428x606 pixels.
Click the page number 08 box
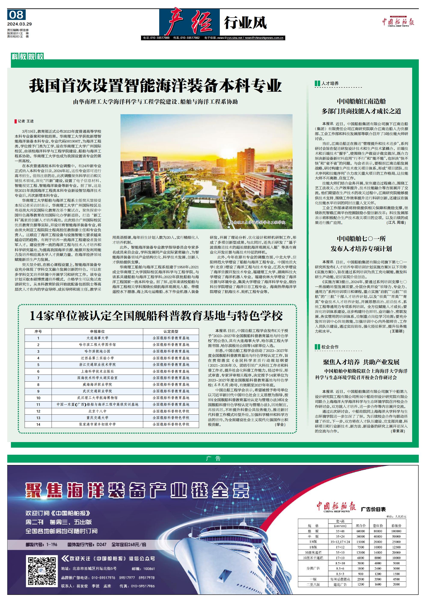pyautogui.click(x=16, y=15)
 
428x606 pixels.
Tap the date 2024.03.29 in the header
pyautogui.click(x=19, y=24)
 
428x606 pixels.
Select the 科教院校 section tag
pyautogui.click(x=27, y=56)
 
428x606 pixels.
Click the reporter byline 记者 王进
pyautogui.click(x=25, y=121)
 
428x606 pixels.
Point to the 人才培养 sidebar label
pyautogui.click(x=330, y=83)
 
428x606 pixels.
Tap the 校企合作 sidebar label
pyautogui.click(x=330, y=347)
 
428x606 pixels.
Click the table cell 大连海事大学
pyautogui.click(x=97, y=338)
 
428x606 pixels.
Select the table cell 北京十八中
pyautogui.click(x=97, y=411)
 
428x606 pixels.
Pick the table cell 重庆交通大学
pyautogui.click(x=97, y=418)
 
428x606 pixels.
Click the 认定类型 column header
pyautogui.click(x=171, y=331)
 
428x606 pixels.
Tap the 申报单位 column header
pyautogui.click(x=97, y=331)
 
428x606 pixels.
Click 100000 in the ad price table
pyautogui.click(x=396, y=531)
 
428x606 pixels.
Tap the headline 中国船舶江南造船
pyautogui.click(x=361, y=101)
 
